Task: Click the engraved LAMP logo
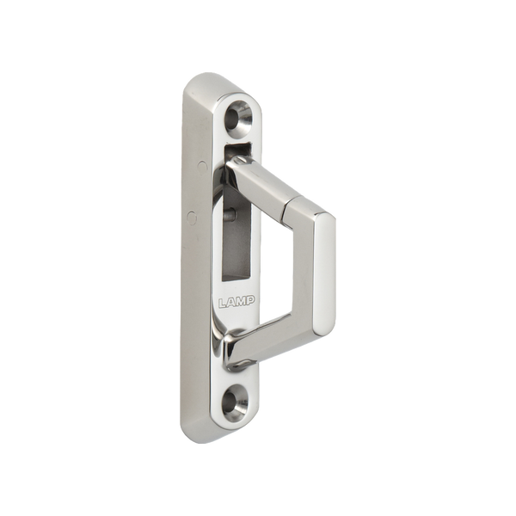click(236, 301)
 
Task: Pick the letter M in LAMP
click(242, 301)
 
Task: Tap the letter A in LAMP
click(232, 302)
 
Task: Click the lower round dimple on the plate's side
click(192, 218)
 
